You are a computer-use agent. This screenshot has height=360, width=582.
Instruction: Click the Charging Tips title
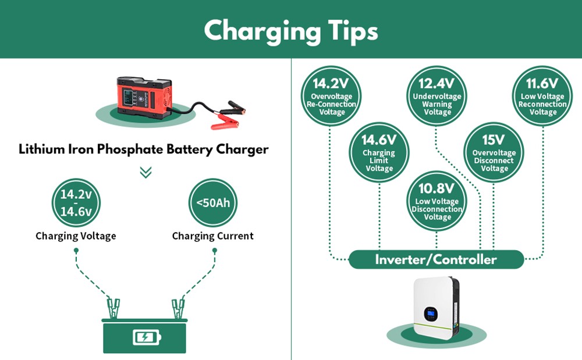pos(290,30)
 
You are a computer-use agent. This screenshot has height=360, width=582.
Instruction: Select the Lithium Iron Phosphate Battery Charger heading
pos(144,149)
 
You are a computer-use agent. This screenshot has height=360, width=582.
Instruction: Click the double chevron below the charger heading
pos(146,172)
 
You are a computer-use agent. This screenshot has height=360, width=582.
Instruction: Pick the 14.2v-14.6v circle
pos(76,203)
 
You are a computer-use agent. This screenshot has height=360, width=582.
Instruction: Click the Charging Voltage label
pos(76,236)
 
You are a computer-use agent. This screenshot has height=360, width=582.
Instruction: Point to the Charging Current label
pos(213,236)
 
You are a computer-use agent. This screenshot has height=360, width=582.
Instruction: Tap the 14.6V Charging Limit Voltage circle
pos(379,152)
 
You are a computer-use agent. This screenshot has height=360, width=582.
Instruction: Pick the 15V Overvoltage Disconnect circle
pos(494,152)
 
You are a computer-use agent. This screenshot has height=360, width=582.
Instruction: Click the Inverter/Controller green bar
pos(436,259)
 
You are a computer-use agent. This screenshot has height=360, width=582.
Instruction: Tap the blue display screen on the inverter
pos(431,314)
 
